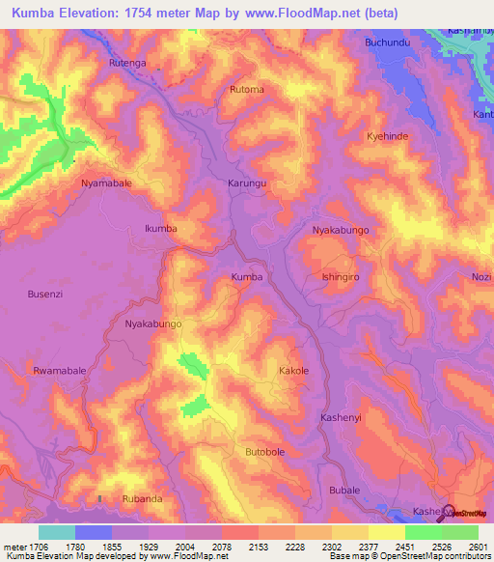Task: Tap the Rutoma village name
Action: tap(246, 90)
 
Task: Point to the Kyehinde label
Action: tap(388, 137)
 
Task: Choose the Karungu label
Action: tap(247, 183)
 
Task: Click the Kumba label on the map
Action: tap(247, 277)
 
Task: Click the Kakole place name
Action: tap(293, 371)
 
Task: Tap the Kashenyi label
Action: tap(340, 417)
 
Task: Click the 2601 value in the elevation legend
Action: tap(478, 547)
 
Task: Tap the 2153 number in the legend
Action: tap(260, 547)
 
